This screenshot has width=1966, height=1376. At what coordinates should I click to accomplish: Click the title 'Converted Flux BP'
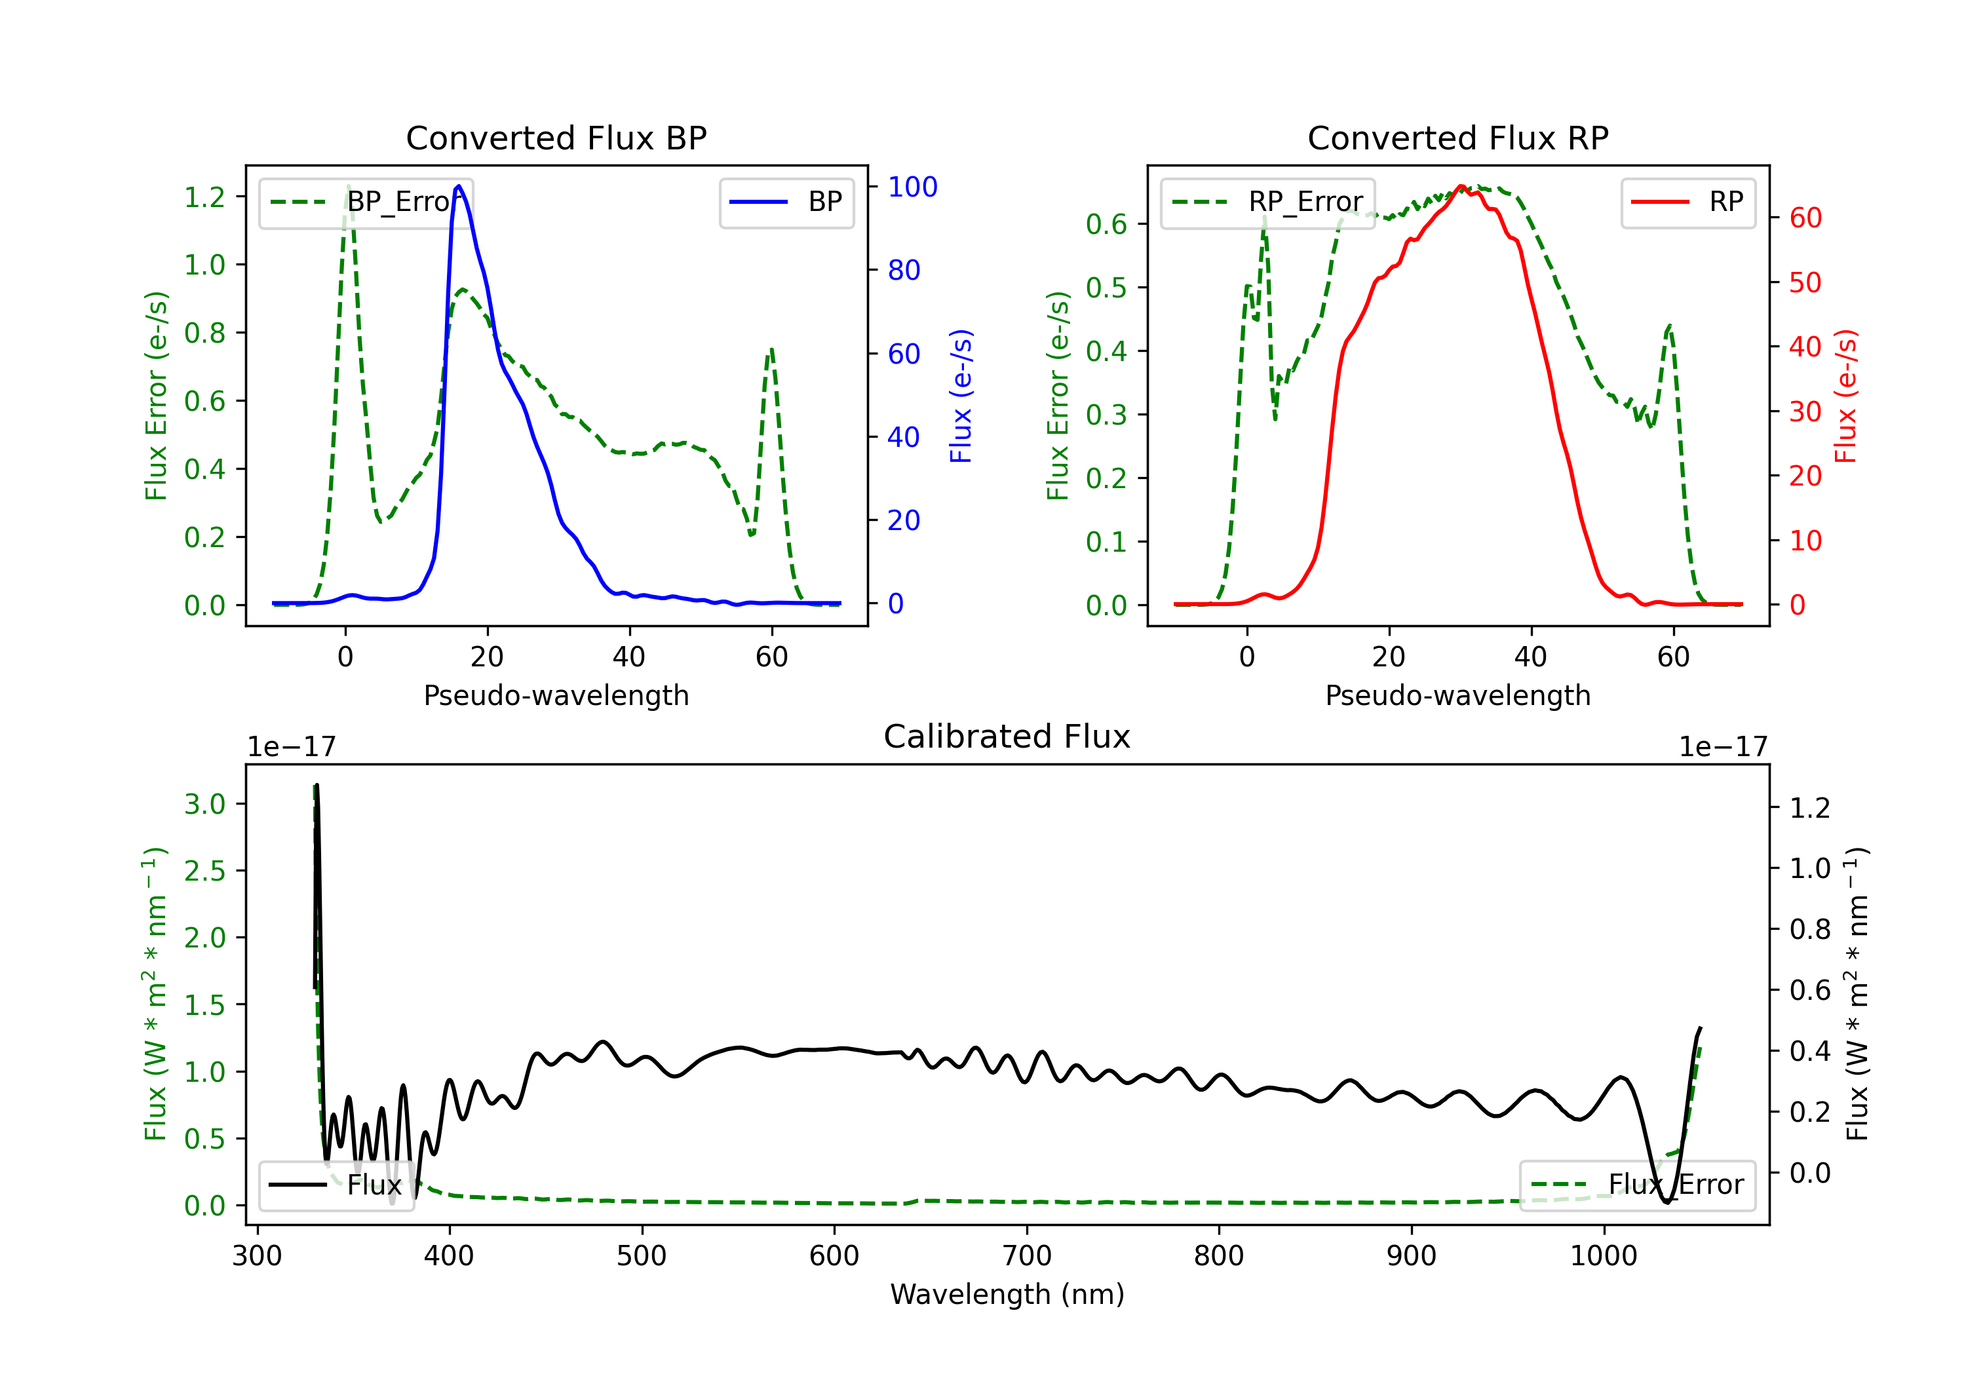pyautogui.click(x=556, y=138)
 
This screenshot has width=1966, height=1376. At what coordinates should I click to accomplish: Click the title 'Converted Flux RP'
pyautogui.click(x=1457, y=138)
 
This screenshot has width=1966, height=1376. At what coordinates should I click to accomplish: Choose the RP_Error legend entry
pyautogui.click(x=1267, y=202)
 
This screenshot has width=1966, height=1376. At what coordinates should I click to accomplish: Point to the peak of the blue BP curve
pyautogui.click(x=459, y=186)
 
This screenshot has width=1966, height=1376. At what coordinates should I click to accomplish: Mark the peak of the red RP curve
pyautogui.click(x=1461, y=186)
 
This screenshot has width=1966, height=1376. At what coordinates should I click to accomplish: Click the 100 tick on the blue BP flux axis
pyautogui.click(x=912, y=187)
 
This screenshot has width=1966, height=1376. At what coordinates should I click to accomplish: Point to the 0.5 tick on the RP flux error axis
pyautogui.click(x=1106, y=288)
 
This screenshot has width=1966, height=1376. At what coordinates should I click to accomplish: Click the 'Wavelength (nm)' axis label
pyautogui.click(x=1007, y=1294)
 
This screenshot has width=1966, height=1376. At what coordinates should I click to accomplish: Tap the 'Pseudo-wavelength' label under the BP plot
pyautogui.click(x=556, y=695)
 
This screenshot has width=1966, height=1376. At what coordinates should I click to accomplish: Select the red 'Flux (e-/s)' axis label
pyautogui.click(x=1845, y=396)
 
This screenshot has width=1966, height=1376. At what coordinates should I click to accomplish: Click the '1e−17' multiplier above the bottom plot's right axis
pyautogui.click(x=1723, y=747)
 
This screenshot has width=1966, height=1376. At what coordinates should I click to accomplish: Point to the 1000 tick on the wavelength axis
pyautogui.click(x=1603, y=1256)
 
